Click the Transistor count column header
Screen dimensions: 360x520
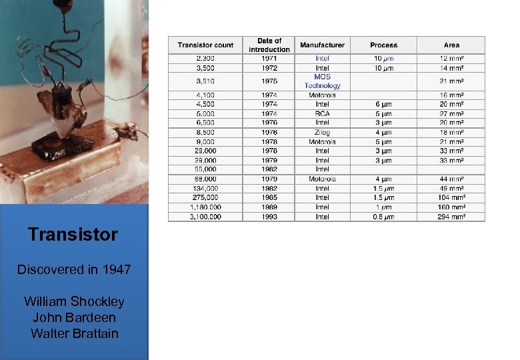205,45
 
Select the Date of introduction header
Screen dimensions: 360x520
269,45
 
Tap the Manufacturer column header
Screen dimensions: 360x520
322,45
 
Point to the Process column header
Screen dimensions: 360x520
383,45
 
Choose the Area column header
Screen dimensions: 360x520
451,45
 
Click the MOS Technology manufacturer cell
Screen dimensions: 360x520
322,81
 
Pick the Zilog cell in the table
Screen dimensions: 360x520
322,133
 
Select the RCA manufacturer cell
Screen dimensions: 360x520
322,114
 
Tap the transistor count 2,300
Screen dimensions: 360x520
205,59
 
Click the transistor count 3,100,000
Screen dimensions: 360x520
205,217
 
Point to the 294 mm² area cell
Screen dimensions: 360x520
451,217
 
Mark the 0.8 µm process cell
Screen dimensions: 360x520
383,217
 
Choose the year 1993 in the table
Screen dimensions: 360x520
269,217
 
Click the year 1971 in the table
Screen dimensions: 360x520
269,59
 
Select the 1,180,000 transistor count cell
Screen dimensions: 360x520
205,207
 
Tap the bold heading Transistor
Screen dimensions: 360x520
73,235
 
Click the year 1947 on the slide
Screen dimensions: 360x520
115,270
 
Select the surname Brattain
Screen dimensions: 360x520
94,333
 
